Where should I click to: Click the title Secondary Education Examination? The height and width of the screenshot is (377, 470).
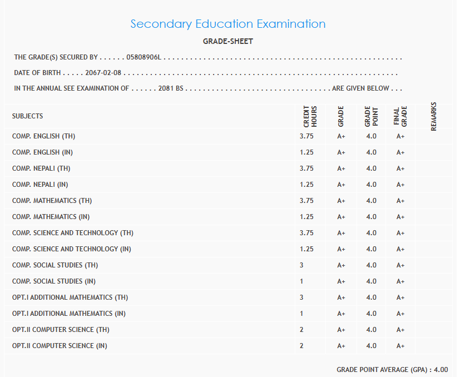[228, 24]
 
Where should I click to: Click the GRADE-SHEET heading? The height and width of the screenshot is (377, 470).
[228, 41]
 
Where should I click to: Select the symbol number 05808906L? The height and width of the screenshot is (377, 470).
[144, 57]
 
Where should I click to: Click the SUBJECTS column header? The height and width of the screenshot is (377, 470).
[27, 116]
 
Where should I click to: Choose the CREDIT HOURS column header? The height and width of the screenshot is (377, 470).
[310, 117]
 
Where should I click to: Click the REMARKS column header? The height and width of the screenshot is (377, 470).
[434, 116]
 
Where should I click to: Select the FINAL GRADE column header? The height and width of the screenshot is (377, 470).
[400, 117]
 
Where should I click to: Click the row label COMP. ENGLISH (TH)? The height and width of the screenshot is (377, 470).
[43, 136]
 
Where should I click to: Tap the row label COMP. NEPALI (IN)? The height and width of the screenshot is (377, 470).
[40, 185]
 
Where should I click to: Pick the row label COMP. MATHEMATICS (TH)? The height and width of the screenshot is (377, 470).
[52, 201]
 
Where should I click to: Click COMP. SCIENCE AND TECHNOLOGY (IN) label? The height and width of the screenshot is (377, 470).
[71, 249]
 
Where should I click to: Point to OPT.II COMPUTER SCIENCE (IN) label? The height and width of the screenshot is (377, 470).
[60, 346]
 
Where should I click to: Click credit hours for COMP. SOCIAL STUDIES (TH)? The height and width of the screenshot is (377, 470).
[301, 265]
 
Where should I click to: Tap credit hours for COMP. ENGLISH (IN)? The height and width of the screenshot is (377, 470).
[306, 152]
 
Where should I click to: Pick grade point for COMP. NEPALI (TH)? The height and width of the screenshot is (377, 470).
[372, 168]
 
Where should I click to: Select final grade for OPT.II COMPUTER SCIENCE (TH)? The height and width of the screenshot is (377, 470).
[400, 330]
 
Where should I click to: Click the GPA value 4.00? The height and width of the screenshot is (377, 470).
[441, 370]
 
